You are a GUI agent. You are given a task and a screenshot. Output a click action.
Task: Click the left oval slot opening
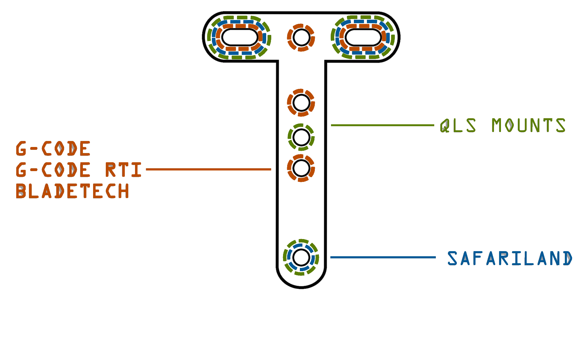pyautogui.click(x=238, y=37)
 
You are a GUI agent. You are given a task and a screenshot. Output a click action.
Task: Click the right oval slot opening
pyautogui.click(x=363, y=37)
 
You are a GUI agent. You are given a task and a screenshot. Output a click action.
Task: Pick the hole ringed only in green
pyautogui.click(x=301, y=137)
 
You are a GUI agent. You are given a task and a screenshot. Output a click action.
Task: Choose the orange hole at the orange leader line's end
pyautogui.click(x=301, y=168)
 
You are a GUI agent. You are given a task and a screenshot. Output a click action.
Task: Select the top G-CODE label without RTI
pyautogui.click(x=53, y=149)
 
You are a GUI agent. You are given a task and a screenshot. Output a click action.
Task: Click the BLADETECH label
pyautogui.click(x=73, y=191)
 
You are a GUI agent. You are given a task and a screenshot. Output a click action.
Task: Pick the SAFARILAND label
pyautogui.click(x=510, y=258)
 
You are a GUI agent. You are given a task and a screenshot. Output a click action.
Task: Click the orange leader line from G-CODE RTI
pyautogui.click(x=208, y=170)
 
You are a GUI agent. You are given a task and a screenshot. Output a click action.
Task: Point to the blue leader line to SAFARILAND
pyautogui.click(x=383, y=257)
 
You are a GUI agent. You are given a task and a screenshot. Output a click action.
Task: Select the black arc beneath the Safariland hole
pyautogui.click(x=300, y=287)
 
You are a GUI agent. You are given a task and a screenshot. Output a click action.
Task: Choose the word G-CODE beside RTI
pyautogui.click(x=53, y=170)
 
